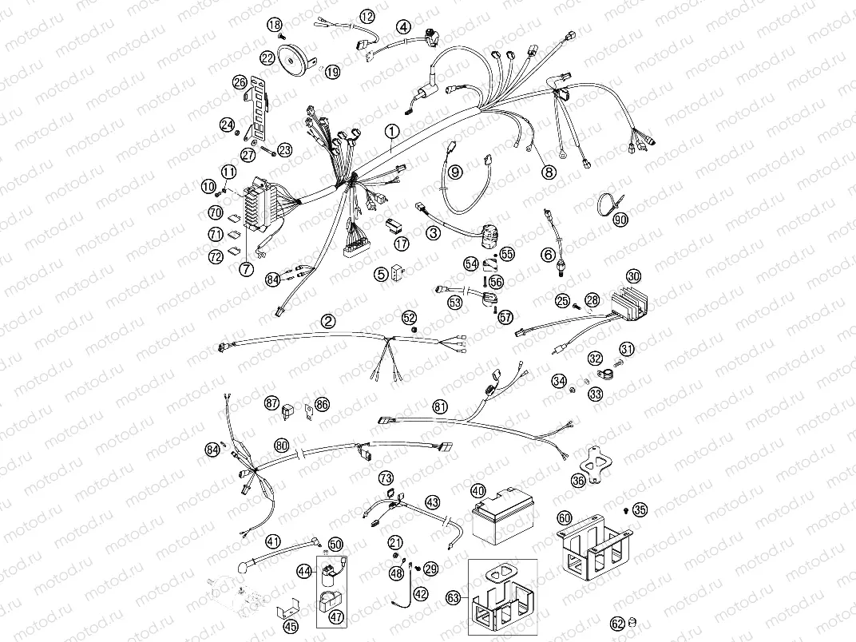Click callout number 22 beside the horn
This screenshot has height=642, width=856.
click(x=267, y=58)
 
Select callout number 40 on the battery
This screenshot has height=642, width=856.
click(x=478, y=491)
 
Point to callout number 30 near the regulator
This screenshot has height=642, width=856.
click(x=633, y=276)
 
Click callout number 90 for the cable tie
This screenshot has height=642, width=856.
click(x=621, y=220)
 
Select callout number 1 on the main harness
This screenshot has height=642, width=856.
click(x=390, y=129)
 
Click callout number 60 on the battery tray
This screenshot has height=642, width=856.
click(x=565, y=518)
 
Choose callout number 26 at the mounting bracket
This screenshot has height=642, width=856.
click(x=239, y=82)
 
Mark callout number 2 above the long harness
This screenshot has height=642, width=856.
click(x=327, y=321)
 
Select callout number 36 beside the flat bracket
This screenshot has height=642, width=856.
click(x=578, y=481)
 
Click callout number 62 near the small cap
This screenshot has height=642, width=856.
click(x=617, y=624)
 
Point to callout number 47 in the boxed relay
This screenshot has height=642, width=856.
click(x=335, y=617)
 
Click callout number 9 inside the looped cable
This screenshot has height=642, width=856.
click(x=455, y=171)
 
